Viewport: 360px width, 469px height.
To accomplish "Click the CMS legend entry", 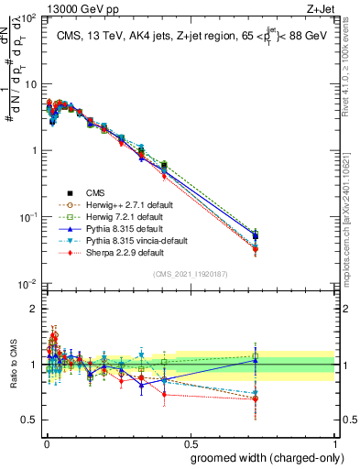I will point(96,192).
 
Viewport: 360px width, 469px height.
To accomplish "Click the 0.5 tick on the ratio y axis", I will point(30,421).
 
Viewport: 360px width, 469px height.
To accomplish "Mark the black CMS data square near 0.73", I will point(256,236).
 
